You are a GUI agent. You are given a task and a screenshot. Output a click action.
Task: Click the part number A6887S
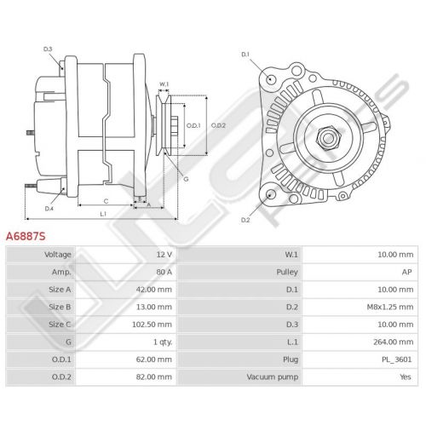(26, 236)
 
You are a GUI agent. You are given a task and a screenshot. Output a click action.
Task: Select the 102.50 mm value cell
(152, 325)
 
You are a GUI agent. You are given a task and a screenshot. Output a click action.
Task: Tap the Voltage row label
(58, 255)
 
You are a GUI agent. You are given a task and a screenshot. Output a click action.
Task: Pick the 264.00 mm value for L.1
(394, 342)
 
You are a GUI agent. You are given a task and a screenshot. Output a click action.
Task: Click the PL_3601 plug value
(397, 360)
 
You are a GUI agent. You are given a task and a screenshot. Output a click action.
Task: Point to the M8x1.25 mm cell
(390, 307)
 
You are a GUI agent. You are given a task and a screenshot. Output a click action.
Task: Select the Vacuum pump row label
(273, 377)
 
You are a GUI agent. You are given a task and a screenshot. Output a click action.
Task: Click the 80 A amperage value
(164, 272)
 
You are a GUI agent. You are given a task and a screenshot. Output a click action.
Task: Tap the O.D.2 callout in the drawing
(218, 125)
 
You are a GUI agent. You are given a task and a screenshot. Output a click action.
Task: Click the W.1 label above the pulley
(164, 84)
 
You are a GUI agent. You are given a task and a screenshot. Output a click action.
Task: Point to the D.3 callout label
(48, 49)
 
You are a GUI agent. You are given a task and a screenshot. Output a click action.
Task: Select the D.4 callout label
(49, 209)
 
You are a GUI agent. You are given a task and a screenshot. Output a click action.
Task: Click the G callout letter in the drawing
(186, 179)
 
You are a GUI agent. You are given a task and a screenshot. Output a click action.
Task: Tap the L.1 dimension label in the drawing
(103, 214)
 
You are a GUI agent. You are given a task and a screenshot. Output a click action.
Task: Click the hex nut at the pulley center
(328, 138)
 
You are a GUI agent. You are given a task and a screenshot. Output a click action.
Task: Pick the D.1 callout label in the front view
(245, 55)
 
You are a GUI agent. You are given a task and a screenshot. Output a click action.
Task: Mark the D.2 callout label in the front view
(245, 220)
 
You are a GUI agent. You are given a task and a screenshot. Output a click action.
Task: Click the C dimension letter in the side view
(106, 201)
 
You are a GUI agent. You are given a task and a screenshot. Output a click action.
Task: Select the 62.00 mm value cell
(154, 360)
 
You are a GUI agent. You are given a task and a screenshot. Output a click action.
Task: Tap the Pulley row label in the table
(287, 272)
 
